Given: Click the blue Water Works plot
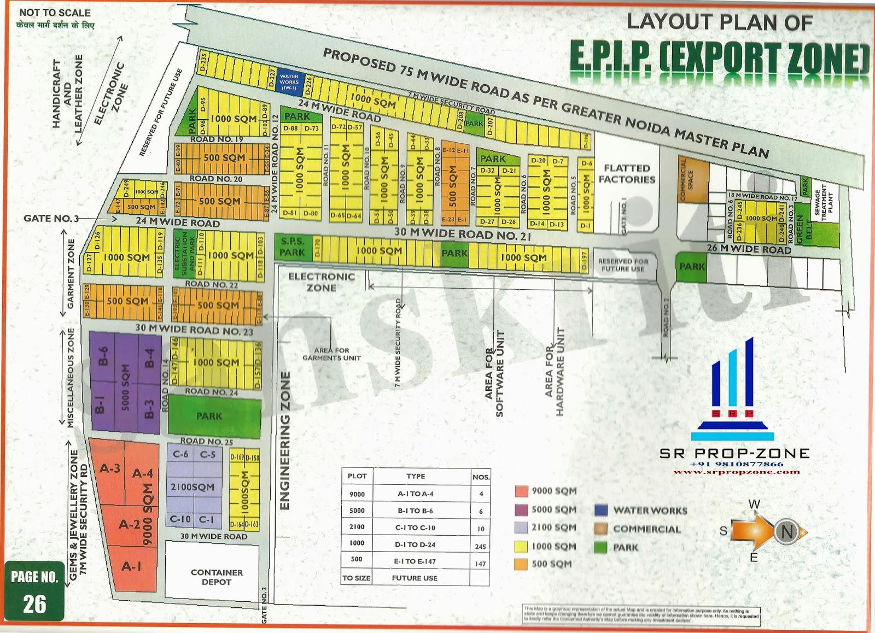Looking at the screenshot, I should click(x=289, y=82).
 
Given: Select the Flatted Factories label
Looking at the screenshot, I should click(x=627, y=174).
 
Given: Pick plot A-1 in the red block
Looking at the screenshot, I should click(x=131, y=566).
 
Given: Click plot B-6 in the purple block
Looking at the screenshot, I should click(x=103, y=356).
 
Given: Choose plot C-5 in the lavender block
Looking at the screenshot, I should click(x=208, y=454).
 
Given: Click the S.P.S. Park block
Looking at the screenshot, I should click(x=293, y=247).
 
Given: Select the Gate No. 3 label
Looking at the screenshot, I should click(x=51, y=219).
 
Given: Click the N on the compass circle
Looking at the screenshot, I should click(x=786, y=531).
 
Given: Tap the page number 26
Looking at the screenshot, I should click(x=34, y=604).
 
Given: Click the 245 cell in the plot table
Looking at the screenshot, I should click(x=480, y=546).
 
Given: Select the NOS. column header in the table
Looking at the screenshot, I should click(x=480, y=477).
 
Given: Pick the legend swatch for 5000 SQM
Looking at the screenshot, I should click(x=521, y=509).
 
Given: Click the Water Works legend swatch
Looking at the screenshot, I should click(x=600, y=511).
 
